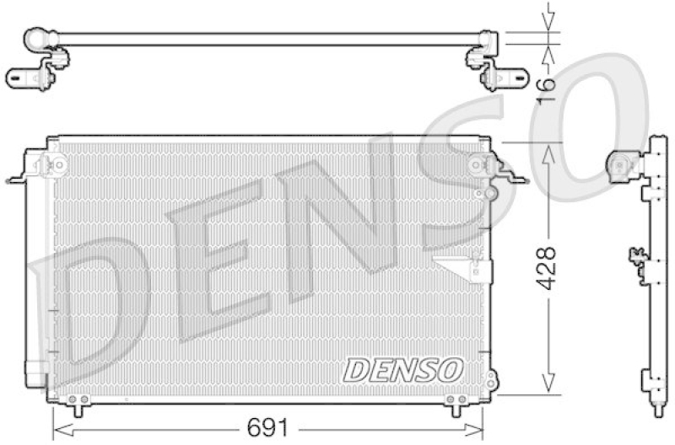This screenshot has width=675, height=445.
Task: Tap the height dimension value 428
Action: point(547,268)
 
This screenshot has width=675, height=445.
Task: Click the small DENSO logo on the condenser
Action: point(403,368)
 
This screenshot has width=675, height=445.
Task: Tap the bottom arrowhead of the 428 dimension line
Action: point(549,386)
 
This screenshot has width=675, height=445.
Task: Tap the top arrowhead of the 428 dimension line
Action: point(549,150)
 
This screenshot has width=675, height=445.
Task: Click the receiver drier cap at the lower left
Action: point(36,371)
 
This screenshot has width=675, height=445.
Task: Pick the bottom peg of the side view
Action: point(657,409)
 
